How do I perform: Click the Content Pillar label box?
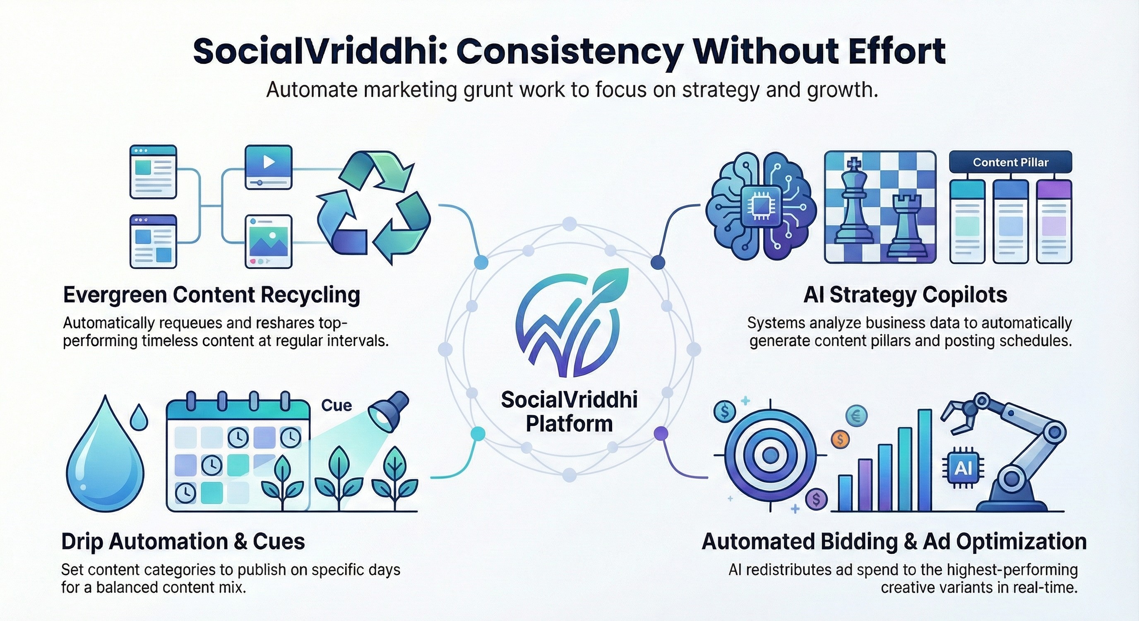pos(1011,162)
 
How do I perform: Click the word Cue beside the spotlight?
pos(336,405)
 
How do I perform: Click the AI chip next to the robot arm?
pos(963,469)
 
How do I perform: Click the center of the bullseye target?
pos(771,455)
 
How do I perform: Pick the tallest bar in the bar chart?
pos(925,460)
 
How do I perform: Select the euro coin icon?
pos(856,416)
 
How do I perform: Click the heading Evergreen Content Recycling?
pos(211,296)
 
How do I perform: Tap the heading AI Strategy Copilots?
pos(905,295)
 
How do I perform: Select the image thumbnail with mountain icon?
pos(268,241)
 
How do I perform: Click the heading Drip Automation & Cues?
pos(183,542)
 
